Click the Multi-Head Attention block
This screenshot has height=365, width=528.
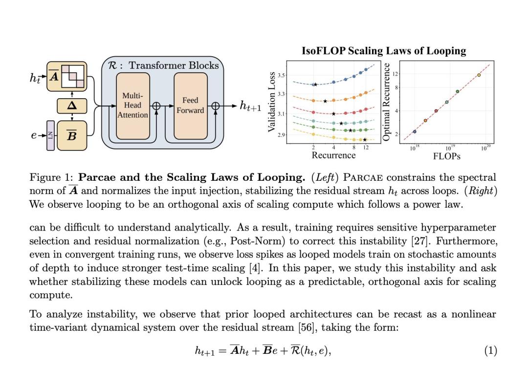pos(132,106)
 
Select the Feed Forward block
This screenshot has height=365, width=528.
pos(191,106)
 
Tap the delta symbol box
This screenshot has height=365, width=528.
pos(72,106)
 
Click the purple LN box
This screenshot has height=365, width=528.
pos(50,135)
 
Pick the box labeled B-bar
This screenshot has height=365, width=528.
pos(72,135)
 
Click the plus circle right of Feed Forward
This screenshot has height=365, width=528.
pos(215,106)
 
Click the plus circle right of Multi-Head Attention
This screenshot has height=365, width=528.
pos(156,106)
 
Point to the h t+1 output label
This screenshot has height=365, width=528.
pos(250,106)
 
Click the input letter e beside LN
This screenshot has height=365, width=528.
pos(34,135)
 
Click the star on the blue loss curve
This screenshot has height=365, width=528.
pos(315,85)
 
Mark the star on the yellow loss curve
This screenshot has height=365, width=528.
pos(365,140)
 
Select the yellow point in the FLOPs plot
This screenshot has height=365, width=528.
pos(479,75)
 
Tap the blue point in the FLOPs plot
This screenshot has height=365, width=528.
pos(415,131)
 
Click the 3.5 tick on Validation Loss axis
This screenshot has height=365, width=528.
pos(282,75)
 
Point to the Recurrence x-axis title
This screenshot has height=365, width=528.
pos(333,155)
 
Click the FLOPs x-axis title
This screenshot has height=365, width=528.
pos(446,156)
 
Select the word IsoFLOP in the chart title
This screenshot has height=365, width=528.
pos(323,51)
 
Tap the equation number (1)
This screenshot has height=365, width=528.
pos(491,350)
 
